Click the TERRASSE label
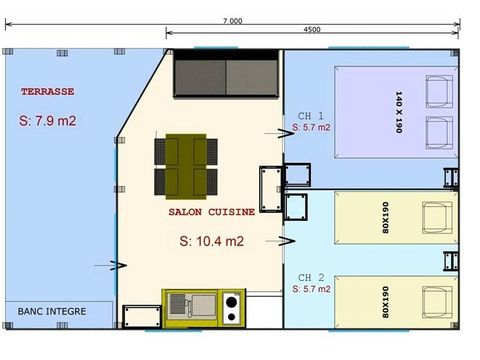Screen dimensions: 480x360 (48, 92)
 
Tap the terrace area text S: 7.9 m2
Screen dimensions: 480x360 (48, 121)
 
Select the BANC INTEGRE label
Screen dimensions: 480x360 (52, 311)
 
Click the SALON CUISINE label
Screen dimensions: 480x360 (212, 212)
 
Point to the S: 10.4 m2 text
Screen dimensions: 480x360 (212, 241)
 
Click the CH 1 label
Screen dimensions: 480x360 (311, 116)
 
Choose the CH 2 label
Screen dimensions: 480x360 (311, 278)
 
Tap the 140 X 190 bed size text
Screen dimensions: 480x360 (399, 112)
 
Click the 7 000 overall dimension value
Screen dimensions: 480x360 (233, 21)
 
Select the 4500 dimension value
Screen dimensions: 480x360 (312, 30)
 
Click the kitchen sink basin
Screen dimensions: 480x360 (176, 304)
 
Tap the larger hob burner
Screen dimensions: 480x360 (231, 302)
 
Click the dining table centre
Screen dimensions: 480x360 (186, 166)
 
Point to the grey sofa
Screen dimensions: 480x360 (226, 73)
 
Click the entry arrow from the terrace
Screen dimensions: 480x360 (110, 266)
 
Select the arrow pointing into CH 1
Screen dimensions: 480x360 (279, 133)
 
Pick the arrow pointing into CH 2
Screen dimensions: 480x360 (280, 241)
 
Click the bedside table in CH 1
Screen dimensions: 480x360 (298, 175)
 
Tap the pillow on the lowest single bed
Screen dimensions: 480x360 (437, 302)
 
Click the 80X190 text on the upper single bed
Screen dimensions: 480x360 (385, 217)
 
